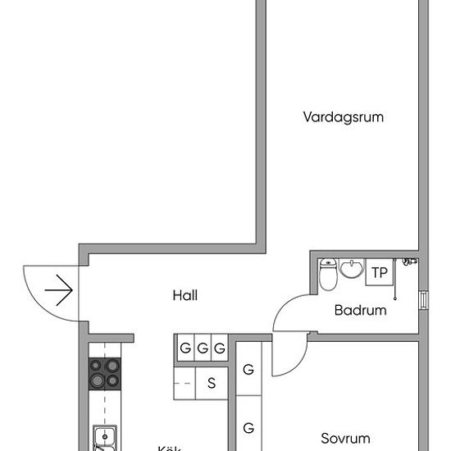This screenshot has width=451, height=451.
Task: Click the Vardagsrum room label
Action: point(343,117)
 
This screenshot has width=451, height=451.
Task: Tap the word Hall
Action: point(185,295)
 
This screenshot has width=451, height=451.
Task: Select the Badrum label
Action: point(360,311)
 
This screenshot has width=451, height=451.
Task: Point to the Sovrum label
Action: point(345,439)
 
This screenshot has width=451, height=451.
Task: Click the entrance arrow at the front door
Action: point(59,290)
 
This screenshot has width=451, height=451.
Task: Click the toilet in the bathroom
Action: point(328,276)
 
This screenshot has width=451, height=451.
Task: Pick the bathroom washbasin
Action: point(353,269)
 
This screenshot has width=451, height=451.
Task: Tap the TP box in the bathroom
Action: point(379,272)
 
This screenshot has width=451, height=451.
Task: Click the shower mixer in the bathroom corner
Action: point(409,262)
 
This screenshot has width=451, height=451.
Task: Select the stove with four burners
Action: point(104,374)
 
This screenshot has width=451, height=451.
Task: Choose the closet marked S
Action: point(211,382)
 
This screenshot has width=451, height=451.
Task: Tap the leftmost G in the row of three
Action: point(185,348)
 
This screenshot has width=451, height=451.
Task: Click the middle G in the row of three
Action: point(202,348)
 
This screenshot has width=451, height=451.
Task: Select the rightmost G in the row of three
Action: point(219,348)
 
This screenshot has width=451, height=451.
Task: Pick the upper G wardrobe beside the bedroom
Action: point(248,370)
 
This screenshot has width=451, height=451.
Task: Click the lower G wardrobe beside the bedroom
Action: point(248,427)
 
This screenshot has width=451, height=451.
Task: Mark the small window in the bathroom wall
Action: point(423,301)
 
